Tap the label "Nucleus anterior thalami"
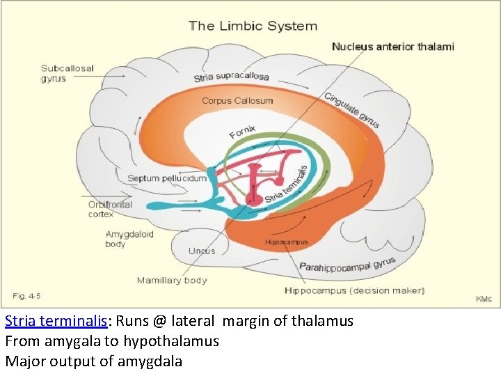coord(392,47)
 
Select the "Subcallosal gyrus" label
coord(67,73)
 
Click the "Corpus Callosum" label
coord(237,100)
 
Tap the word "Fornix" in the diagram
coord(243,131)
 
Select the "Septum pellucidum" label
coord(167,178)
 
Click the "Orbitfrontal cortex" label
coord(110,210)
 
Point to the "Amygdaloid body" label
coord(129,239)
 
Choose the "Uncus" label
coord(202,251)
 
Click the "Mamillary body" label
coord(172,281)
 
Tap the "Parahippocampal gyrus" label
coord(347,265)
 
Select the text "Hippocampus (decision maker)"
coord(354,290)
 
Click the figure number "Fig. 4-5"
coord(27,296)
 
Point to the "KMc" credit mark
coord(483,299)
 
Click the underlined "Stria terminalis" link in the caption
coord(56,322)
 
